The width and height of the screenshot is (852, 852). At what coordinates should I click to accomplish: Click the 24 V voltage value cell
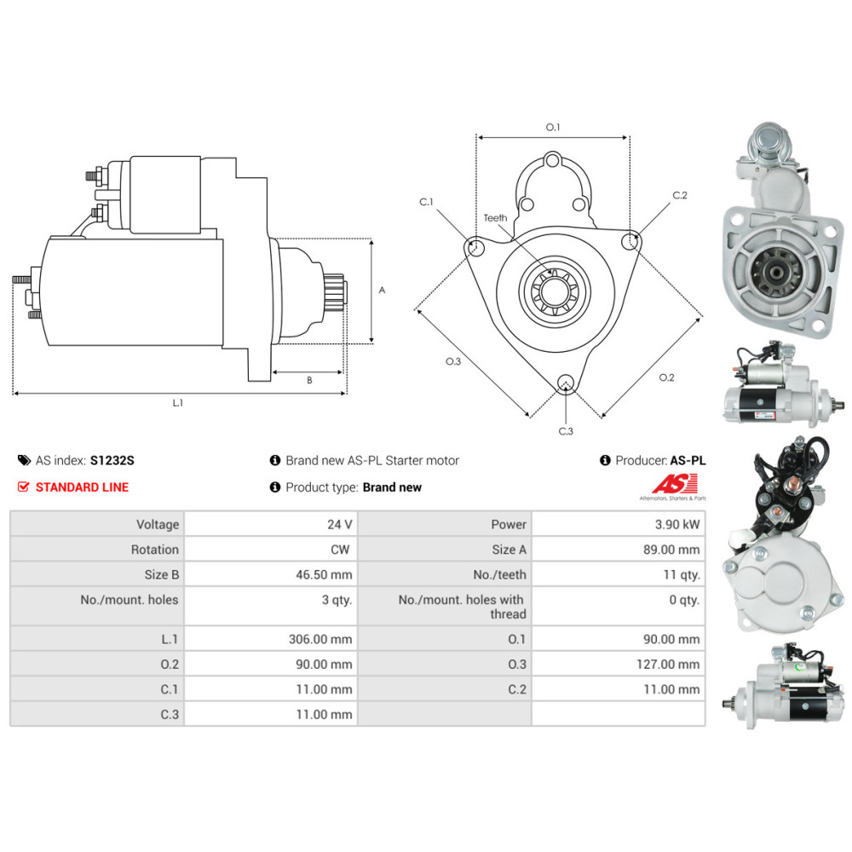click(342, 525)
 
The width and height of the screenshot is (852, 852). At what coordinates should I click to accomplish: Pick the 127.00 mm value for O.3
click(671, 665)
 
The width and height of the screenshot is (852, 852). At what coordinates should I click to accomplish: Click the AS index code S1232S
click(112, 460)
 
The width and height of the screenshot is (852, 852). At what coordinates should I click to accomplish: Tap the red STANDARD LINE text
click(82, 487)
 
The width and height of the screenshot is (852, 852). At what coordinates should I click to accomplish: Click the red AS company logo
click(674, 483)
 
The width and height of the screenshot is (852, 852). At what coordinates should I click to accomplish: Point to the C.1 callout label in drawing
click(426, 202)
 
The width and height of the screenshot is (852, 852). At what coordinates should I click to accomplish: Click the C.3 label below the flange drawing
click(566, 431)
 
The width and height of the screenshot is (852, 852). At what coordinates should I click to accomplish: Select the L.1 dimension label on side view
click(177, 403)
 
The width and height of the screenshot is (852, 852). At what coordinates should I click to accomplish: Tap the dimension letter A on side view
click(383, 290)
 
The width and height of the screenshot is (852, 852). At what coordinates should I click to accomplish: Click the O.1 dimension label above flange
click(553, 127)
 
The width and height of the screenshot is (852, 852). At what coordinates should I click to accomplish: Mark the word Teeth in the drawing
click(495, 218)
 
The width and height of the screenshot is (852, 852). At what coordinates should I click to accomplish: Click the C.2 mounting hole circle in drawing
click(630, 241)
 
